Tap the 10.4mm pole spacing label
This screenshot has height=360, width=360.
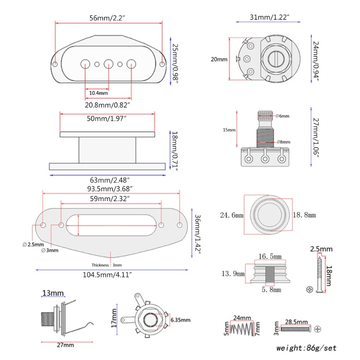pos(98,93)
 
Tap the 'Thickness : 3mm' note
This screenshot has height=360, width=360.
pos(107,265)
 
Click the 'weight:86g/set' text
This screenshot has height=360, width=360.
pos(306,348)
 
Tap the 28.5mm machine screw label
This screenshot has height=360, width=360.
pos(296,323)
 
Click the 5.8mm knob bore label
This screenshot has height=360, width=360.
pos(270,290)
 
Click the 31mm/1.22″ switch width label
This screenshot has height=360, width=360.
pos(269,18)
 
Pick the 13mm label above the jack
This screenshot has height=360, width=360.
pos(53,293)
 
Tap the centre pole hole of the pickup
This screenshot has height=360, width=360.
pos(108,64)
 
